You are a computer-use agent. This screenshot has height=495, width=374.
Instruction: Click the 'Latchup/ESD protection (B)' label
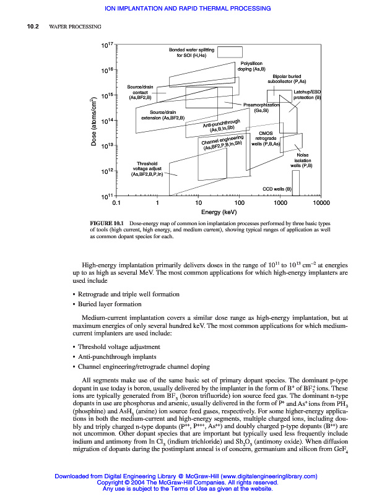coord(307,95)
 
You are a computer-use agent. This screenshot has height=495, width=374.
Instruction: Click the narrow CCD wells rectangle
coord(295,183)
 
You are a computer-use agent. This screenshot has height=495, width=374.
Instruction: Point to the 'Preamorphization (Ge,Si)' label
coord(261,108)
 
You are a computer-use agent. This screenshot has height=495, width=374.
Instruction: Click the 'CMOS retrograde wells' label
coord(266,138)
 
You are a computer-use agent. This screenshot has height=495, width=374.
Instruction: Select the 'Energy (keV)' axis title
coord(218,212)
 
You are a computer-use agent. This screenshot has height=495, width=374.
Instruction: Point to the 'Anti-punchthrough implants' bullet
coord(118,357)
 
